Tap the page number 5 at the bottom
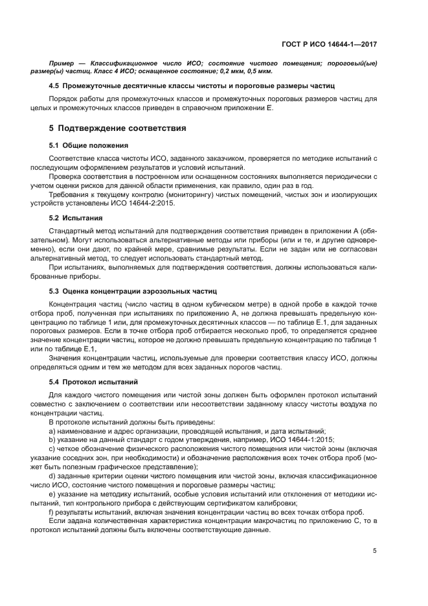375,551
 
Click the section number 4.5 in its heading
56,86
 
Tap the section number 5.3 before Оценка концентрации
56,292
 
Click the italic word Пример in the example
63,63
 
